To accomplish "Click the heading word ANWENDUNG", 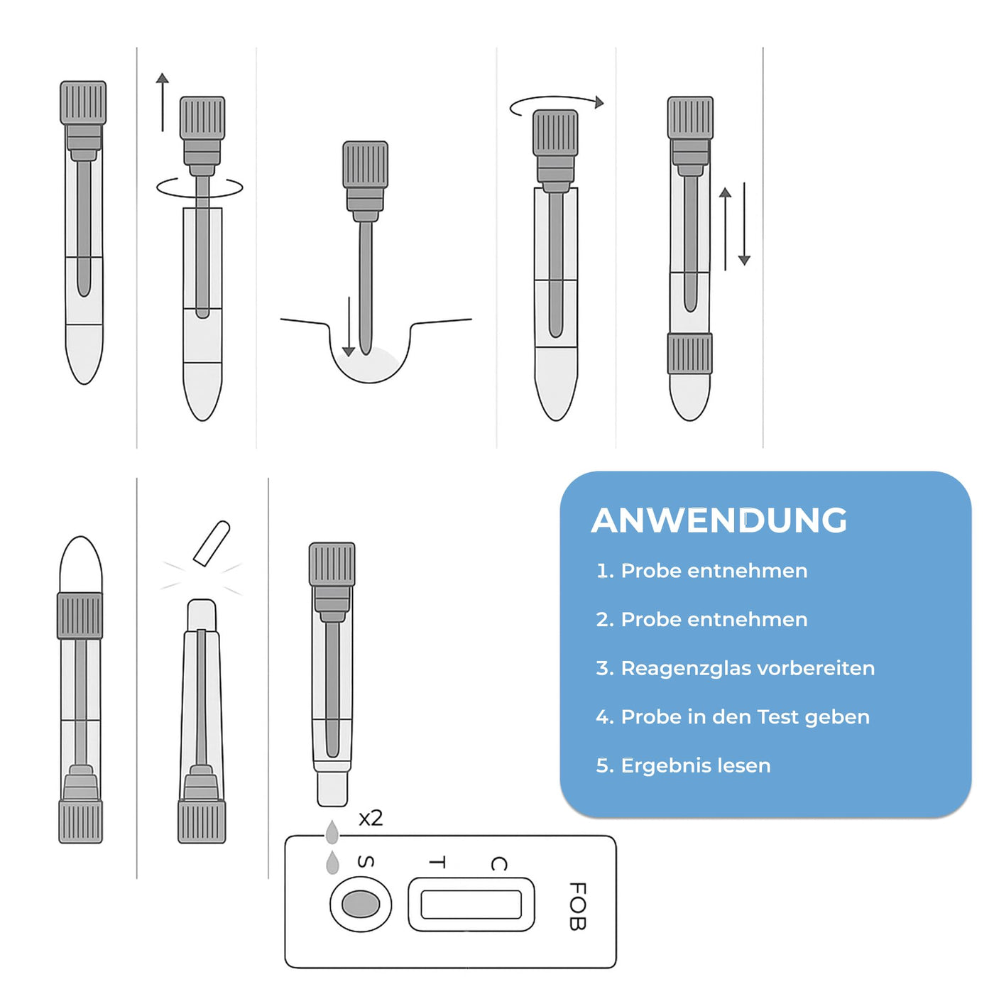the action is pyautogui.click(x=719, y=520).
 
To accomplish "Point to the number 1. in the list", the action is pyautogui.click(x=605, y=571).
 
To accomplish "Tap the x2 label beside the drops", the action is pyautogui.click(x=371, y=819).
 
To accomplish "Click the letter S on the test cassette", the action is pyautogui.click(x=366, y=862).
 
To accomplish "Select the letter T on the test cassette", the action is pyautogui.click(x=437, y=863).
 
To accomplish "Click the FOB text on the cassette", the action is pyautogui.click(x=578, y=906).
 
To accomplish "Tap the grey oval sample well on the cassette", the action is pyautogui.click(x=361, y=905).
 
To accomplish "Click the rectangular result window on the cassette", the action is pyautogui.click(x=471, y=905).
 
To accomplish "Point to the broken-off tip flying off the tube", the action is pyautogui.click(x=212, y=544).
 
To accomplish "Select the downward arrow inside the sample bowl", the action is pyautogui.click(x=349, y=327).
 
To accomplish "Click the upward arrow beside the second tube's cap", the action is pyautogui.click(x=163, y=102).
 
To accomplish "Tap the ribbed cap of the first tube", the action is pyautogui.click(x=83, y=103).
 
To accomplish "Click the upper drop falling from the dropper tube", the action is pyautogui.click(x=332, y=832).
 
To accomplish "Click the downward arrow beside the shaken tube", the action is pyautogui.click(x=744, y=224).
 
